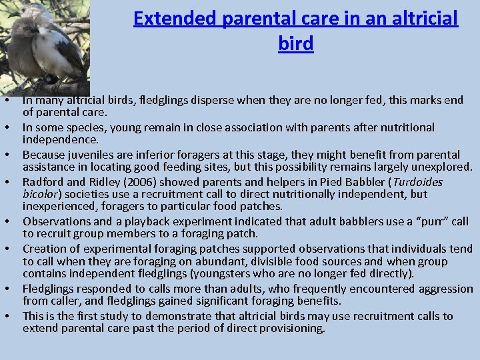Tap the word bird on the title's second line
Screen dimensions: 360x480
point(296,44)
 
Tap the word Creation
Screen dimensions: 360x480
point(44,249)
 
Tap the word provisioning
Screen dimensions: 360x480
point(291,329)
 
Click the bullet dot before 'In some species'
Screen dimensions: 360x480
point(5,127)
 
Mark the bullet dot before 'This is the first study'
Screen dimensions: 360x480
point(5,317)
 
